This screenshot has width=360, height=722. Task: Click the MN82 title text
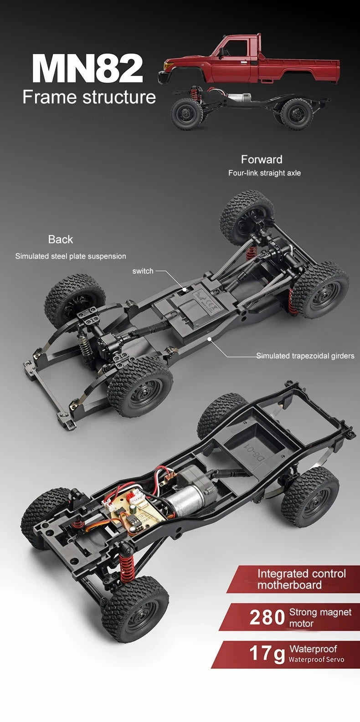pos(87,68)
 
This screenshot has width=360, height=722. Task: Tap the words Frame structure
pos(89,97)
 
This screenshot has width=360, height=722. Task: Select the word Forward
pos(262,159)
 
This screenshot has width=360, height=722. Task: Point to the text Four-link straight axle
pos(264,173)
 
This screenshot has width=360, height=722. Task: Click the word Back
pos(61,239)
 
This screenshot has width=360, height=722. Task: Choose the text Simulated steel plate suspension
pos(71,256)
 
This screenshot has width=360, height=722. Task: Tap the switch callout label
pos(143,271)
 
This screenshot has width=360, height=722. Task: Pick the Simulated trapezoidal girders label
pos(305,356)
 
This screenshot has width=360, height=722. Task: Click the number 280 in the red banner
pos(267,618)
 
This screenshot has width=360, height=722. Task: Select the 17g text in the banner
pos(267,653)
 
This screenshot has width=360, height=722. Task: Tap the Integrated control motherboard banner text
pos(301,579)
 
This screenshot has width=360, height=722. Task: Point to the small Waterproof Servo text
pos(316,660)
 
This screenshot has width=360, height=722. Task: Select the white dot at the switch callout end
pos(185,289)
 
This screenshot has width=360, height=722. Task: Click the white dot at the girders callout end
pos(209,339)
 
